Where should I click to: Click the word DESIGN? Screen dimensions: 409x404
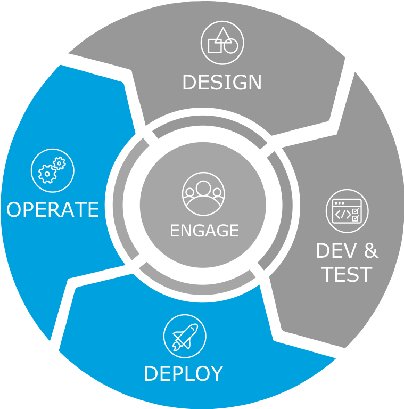pyautogui.click(x=222, y=83)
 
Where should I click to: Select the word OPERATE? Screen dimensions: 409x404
pyautogui.click(x=53, y=209)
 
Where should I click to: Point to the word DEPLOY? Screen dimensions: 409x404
pyautogui.click(x=183, y=373)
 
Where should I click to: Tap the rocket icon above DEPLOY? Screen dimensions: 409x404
pyautogui.click(x=184, y=336)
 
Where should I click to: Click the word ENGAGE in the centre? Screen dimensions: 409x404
pyautogui.click(x=204, y=231)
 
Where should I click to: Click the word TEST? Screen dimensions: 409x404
pyautogui.click(x=347, y=274)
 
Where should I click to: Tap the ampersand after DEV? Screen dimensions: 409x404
pyautogui.click(x=370, y=250)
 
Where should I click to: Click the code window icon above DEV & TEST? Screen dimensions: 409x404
pyautogui.click(x=347, y=211)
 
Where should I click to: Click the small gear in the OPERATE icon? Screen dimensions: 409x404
pyautogui.click(x=60, y=162)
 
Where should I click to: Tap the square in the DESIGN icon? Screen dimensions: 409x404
pyautogui.click(x=215, y=46)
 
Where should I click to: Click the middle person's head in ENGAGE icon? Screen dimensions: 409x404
pyautogui.click(x=203, y=188)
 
